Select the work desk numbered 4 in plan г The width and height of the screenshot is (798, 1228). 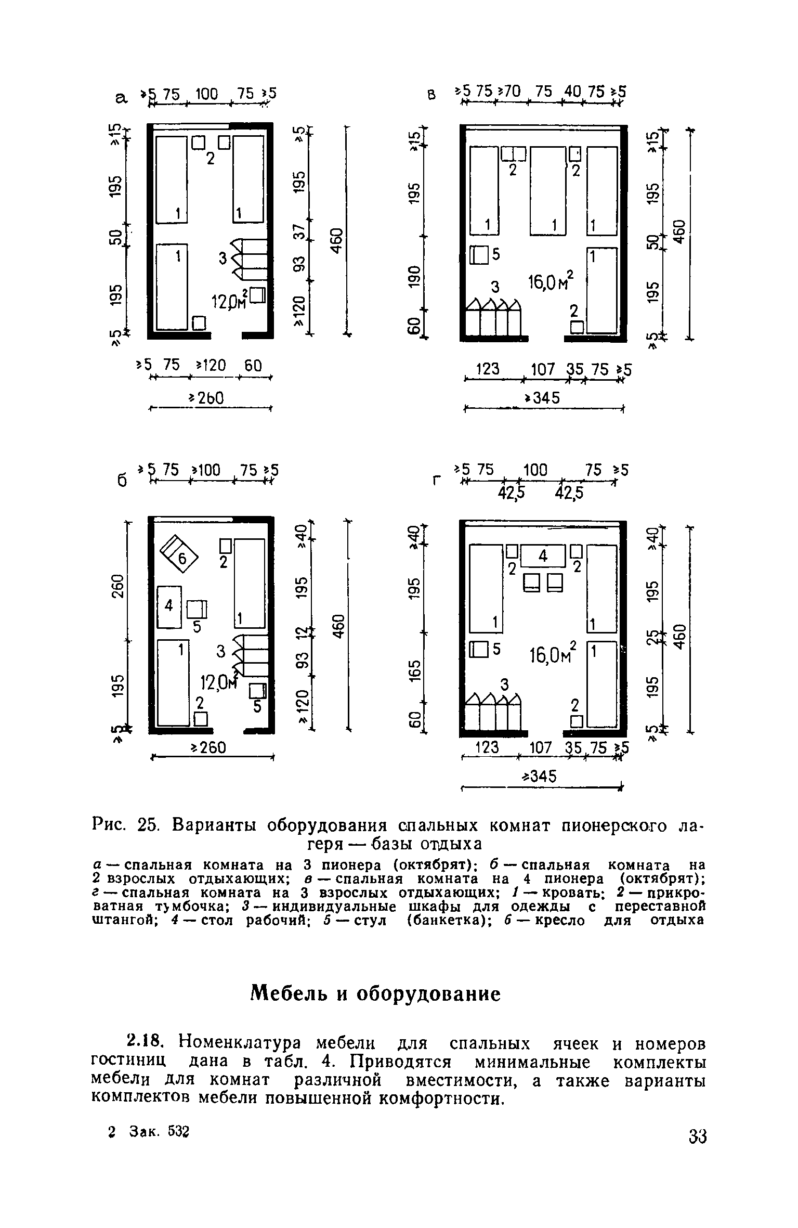[543, 556]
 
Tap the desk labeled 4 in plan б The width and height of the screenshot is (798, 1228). [169, 606]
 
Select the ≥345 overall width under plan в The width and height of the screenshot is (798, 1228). [543, 398]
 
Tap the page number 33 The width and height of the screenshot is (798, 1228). [698, 1135]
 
